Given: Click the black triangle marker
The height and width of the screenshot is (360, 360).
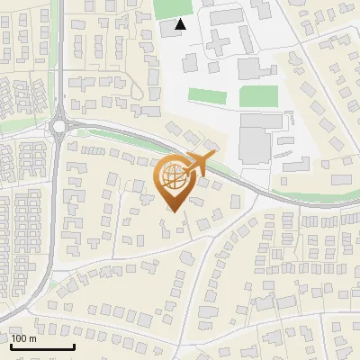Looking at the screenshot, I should (181, 24).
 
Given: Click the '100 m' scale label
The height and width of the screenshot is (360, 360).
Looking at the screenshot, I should (23, 338).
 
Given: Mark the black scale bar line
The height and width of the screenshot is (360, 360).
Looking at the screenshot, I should (42, 346).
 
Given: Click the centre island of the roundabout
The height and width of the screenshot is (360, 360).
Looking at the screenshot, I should (59, 127).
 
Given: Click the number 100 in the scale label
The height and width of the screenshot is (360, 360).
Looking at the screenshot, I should (20, 338).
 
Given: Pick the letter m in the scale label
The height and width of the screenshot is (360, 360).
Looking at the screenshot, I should (32, 338).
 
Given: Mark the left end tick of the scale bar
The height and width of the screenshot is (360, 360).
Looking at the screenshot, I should (11, 345).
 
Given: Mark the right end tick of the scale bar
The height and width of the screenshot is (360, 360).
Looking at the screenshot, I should (74, 345).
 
